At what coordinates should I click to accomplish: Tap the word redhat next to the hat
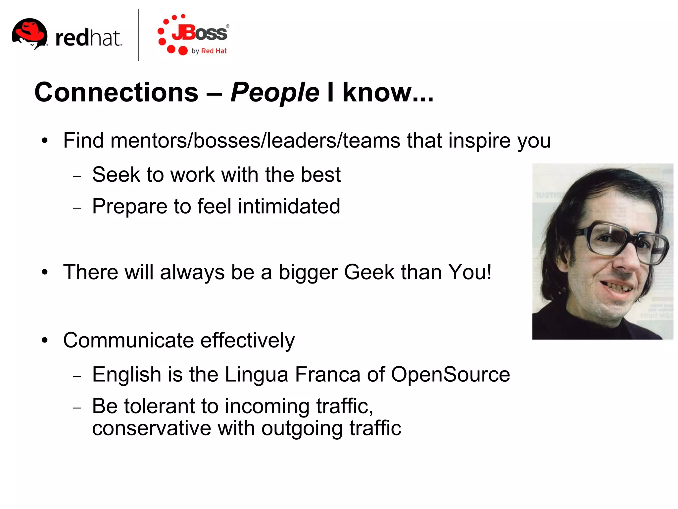click(88, 38)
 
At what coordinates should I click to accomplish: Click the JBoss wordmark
click(200, 33)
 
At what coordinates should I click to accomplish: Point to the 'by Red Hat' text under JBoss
click(209, 51)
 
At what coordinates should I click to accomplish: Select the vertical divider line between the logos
click(138, 35)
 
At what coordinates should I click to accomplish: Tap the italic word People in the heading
click(275, 93)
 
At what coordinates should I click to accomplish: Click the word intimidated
click(289, 206)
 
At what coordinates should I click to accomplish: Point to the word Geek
click(369, 272)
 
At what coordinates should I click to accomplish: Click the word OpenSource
click(450, 375)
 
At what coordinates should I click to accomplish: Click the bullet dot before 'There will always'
click(45, 273)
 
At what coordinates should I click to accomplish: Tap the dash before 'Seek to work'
click(77, 176)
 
